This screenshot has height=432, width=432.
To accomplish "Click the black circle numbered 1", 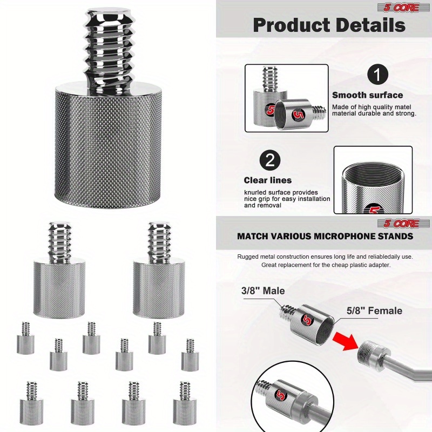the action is (x=377, y=75).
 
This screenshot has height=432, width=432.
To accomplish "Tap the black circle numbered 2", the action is (x=270, y=160).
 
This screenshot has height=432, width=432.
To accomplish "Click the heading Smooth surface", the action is (x=368, y=95).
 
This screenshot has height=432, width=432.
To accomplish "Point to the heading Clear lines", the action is (x=267, y=180).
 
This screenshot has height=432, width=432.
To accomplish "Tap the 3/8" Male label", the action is (x=263, y=291).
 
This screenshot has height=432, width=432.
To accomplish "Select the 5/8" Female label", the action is (x=374, y=311).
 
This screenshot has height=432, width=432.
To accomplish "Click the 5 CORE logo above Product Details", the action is (x=400, y=8).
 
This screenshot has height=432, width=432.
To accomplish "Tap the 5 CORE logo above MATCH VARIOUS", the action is (x=400, y=224).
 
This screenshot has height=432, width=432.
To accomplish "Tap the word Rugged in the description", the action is (x=248, y=257).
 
